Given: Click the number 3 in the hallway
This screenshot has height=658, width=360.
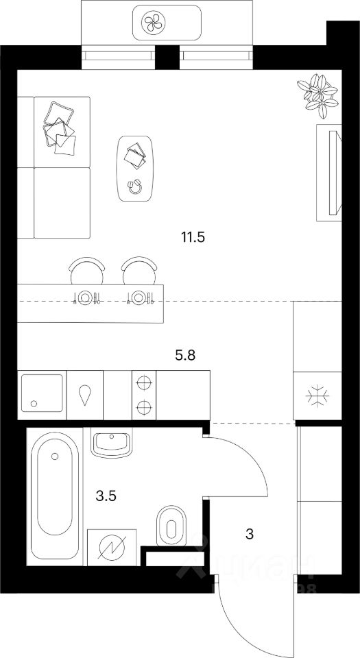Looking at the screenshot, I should click(x=250, y=533).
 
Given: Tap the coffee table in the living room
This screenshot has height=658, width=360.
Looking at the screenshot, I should click(x=136, y=169).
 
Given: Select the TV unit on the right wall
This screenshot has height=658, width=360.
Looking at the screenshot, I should click(x=329, y=173).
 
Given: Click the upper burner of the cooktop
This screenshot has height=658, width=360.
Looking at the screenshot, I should click(x=144, y=383).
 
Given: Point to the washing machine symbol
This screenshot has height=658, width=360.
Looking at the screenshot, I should click(x=112, y=548).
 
